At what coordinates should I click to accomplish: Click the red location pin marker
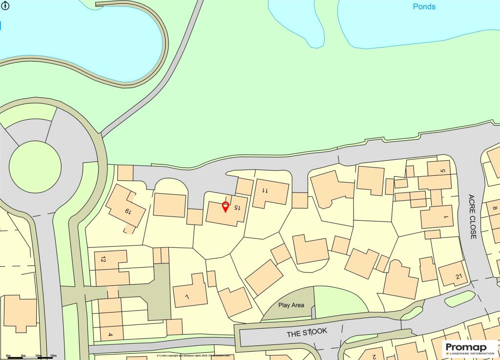point(225,207)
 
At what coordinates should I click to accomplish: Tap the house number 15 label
point(237,207)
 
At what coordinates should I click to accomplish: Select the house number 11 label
point(265,190)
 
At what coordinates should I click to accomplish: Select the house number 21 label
point(458,277)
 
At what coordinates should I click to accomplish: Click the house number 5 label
point(443,170)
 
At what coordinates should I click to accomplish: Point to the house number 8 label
point(494,209)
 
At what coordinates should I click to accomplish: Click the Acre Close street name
point(472,216)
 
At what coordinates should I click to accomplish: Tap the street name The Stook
point(307,332)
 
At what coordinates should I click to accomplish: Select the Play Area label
point(291,305)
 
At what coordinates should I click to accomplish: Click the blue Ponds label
point(424,7)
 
